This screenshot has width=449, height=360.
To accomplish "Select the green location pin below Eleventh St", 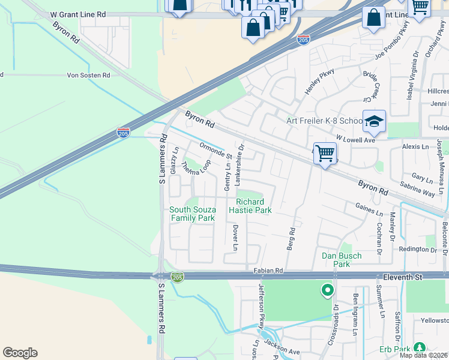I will (327, 291).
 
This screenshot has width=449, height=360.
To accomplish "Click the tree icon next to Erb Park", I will (419, 347).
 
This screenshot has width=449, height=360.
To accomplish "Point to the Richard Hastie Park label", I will (253, 206).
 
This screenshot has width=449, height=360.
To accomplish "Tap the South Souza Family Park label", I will (192, 214).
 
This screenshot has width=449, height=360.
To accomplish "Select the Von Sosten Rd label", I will (88, 76).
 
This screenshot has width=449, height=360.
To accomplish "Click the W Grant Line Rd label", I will (78, 13).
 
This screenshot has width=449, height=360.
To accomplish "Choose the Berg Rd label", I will (292, 239).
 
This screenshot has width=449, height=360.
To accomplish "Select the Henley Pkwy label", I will (319, 81).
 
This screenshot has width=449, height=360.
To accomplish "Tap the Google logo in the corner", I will (20, 352).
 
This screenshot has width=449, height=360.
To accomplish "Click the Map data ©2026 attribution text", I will (424, 355).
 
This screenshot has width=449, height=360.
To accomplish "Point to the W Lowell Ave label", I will (355, 139).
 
